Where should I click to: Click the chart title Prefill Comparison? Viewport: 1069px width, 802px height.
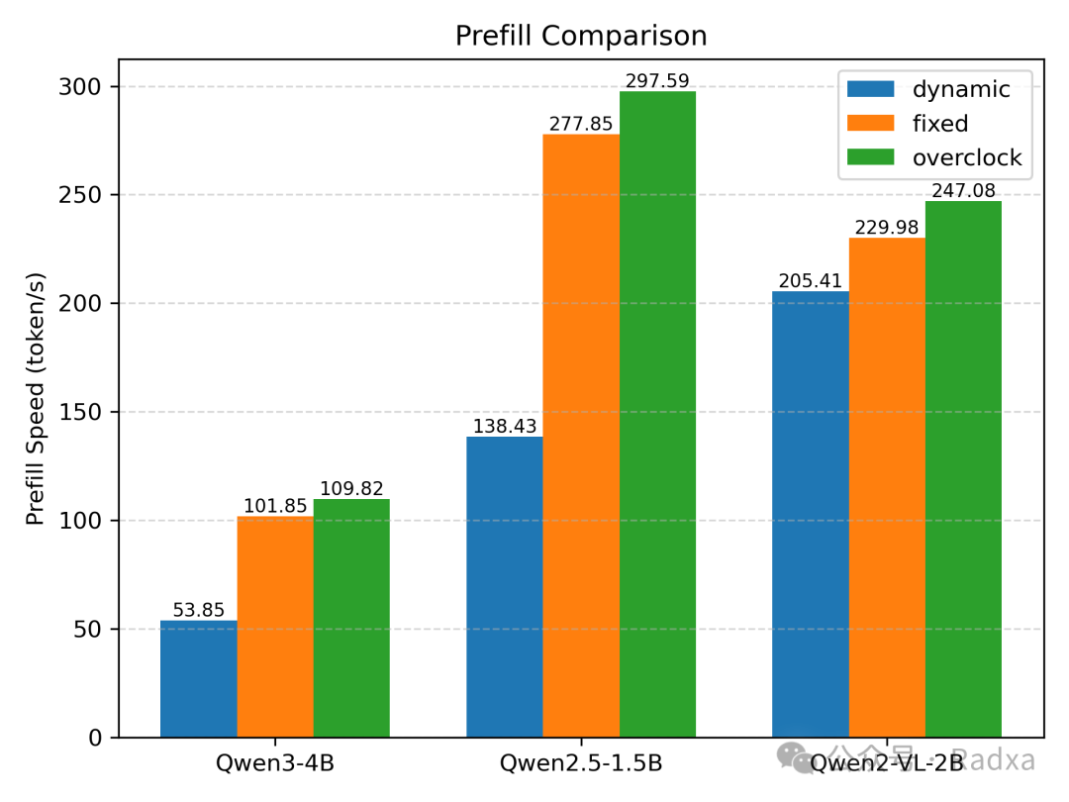point(581,37)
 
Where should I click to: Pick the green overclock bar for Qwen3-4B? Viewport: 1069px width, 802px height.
point(351,618)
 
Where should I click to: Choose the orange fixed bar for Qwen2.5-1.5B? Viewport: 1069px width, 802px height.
point(581,436)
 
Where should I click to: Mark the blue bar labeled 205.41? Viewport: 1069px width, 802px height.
point(811,515)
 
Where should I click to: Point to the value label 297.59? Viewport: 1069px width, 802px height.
point(657,80)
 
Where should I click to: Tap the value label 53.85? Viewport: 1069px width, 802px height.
point(199,610)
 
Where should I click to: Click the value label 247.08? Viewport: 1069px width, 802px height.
point(963,190)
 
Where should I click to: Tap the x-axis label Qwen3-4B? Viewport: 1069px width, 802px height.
point(275,763)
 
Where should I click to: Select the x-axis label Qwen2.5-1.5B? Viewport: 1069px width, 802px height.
point(581,763)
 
